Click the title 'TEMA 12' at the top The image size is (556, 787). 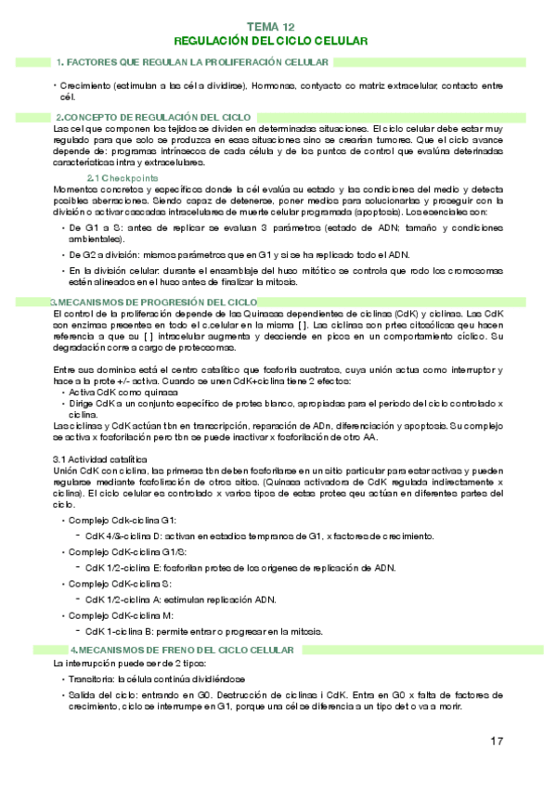(x=271, y=29)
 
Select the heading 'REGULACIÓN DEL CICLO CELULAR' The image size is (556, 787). (x=271, y=42)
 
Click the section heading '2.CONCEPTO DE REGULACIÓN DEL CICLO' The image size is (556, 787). (x=152, y=116)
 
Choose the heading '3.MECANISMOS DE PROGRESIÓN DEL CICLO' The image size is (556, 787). (x=154, y=303)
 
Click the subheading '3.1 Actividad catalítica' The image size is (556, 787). (x=99, y=459)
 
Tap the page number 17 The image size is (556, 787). (x=497, y=741)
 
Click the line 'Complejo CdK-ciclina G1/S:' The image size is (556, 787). (x=129, y=552)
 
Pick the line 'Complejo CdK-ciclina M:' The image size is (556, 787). (x=123, y=615)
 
